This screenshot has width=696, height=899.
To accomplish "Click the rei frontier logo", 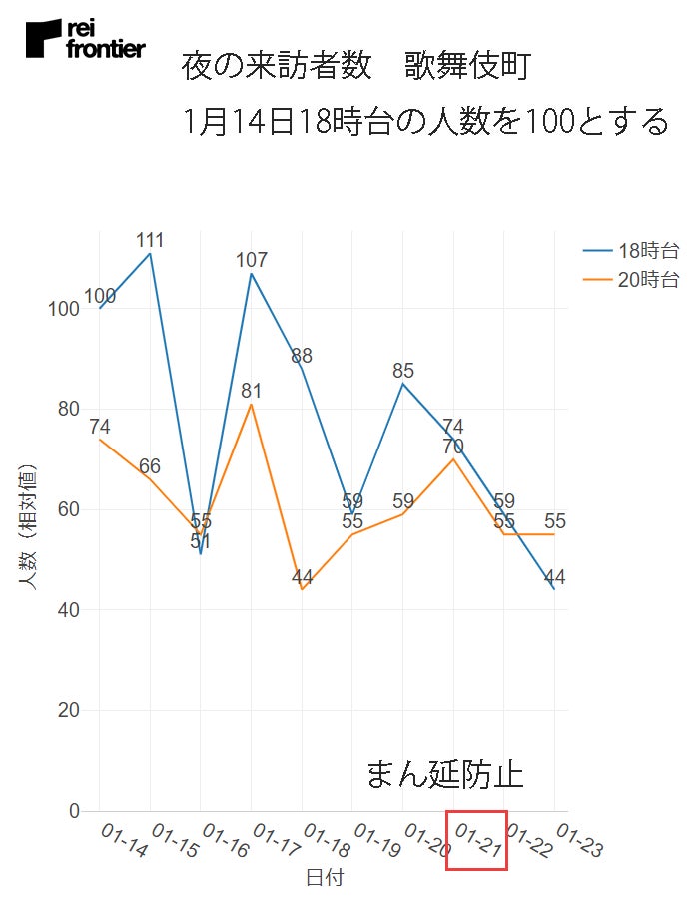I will (x=86, y=38).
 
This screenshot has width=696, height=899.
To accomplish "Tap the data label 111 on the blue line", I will (x=150, y=240).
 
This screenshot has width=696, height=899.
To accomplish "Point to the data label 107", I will (x=252, y=260).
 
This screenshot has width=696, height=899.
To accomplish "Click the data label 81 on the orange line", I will (x=252, y=391).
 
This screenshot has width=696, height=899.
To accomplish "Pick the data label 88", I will (x=302, y=356).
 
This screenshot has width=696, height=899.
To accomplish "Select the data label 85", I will (x=403, y=371).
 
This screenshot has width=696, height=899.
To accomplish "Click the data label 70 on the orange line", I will (x=453, y=447).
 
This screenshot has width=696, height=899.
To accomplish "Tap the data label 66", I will (x=150, y=466).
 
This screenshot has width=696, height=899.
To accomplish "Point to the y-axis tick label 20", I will (x=69, y=711).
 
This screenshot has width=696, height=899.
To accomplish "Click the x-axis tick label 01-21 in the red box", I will (x=477, y=840).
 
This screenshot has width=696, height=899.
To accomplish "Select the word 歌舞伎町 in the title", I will (x=467, y=68).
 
